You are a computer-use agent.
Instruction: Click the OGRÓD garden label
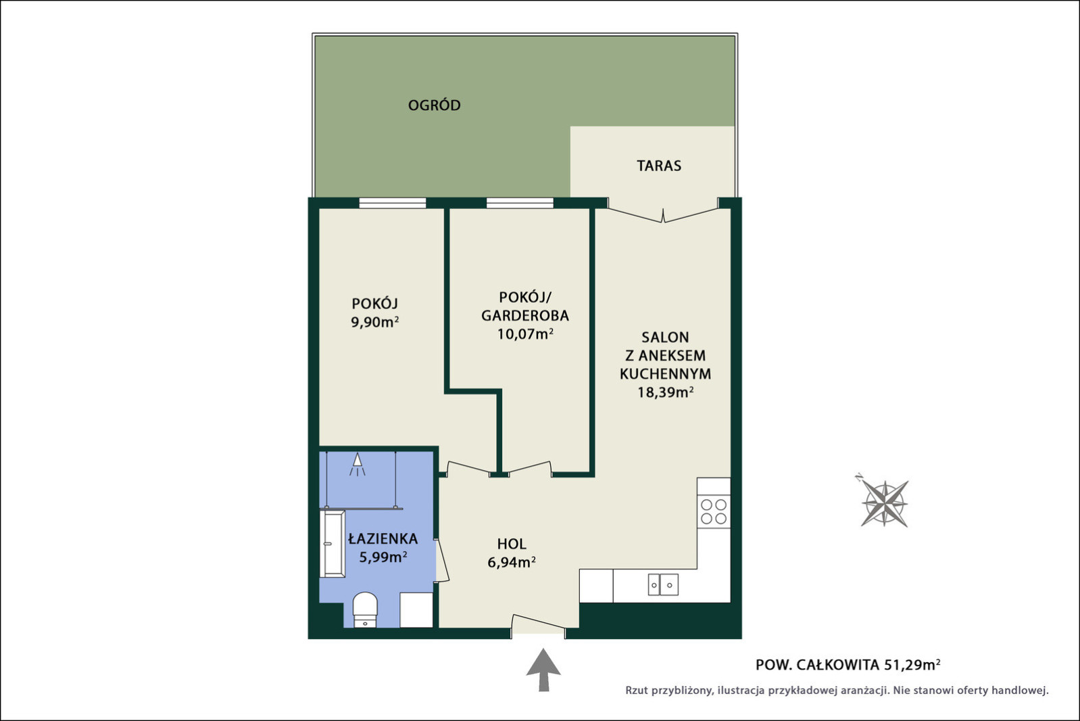pyautogui.click(x=435, y=105)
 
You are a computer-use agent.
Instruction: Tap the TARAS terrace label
pyautogui.click(x=659, y=166)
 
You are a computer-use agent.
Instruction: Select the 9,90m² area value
pyautogui.click(x=374, y=322)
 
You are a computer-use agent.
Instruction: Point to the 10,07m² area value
pyautogui.click(x=525, y=333)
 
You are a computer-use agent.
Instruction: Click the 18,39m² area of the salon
pyautogui.click(x=665, y=392)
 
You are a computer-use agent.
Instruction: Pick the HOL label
pyautogui.click(x=512, y=544)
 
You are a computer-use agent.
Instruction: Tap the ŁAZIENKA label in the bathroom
pyautogui.click(x=383, y=538)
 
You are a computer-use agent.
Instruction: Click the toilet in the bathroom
pyautogui.click(x=365, y=610)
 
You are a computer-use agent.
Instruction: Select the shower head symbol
pyautogui.click(x=358, y=464)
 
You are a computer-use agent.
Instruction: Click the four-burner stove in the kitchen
pyautogui.click(x=714, y=511)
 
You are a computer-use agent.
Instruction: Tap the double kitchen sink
pyautogui.click(x=663, y=584)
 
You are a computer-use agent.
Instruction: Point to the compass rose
pyautogui.click(x=884, y=503)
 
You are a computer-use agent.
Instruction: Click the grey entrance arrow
pyautogui.click(x=543, y=670)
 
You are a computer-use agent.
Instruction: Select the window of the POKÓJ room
pyautogui.click(x=393, y=203)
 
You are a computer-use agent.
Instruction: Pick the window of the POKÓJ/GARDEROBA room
pyautogui.click(x=520, y=203)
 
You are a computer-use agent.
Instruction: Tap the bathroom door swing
pyautogui.click(x=442, y=560)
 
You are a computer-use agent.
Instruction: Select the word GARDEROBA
pyautogui.click(x=525, y=315)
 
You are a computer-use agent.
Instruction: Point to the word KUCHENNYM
pyautogui.click(x=665, y=374)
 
